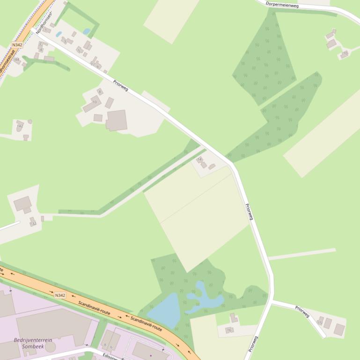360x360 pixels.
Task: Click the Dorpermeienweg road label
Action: (x=282, y=5)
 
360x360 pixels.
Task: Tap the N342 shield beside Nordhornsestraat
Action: (x=17, y=45)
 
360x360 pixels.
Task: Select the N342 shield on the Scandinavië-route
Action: (x=60, y=295)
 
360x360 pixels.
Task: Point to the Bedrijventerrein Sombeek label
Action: (x=33, y=343)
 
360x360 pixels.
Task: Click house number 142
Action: (x=20, y=126)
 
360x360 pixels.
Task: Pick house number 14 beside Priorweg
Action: (x=199, y=159)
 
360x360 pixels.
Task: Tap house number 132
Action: (x=33, y=223)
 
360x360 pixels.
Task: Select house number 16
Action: (x=229, y=330)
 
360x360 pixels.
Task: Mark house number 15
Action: (x=320, y=323)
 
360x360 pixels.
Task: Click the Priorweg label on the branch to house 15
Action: (x=302, y=311)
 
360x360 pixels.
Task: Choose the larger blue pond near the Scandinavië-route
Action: (x=164, y=310)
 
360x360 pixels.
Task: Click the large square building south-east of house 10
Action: (x=117, y=120)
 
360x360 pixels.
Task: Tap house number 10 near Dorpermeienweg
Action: (x=345, y=54)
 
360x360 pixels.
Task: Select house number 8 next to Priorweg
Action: (x=99, y=92)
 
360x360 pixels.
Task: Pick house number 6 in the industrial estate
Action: (x=111, y=347)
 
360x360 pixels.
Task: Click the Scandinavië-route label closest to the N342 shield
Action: (x=94, y=307)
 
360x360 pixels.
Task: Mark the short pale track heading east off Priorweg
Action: (x=302, y=254)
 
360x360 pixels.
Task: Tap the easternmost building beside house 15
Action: (x=339, y=330)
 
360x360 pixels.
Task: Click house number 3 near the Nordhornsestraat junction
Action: (x=65, y=42)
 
